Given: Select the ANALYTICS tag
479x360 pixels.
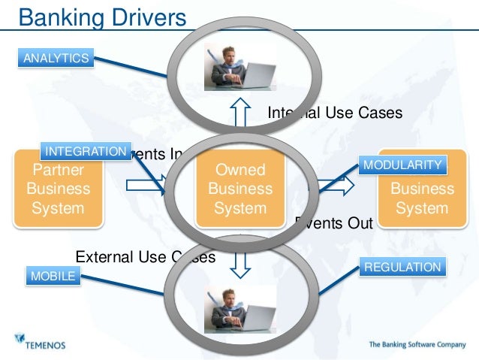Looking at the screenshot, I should click(x=56, y=58).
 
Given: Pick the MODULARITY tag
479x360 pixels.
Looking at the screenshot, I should click(x=402, y=165).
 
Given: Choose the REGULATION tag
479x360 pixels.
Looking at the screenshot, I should click(x=402, y=267).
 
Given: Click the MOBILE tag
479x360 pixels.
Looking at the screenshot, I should click(x=53, y=277).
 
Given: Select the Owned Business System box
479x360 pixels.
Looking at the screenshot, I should click(x=239, y=189).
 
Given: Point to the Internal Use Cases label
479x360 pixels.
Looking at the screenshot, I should click(x=335, y=113).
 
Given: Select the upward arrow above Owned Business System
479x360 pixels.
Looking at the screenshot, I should click(x=239, y=114).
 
